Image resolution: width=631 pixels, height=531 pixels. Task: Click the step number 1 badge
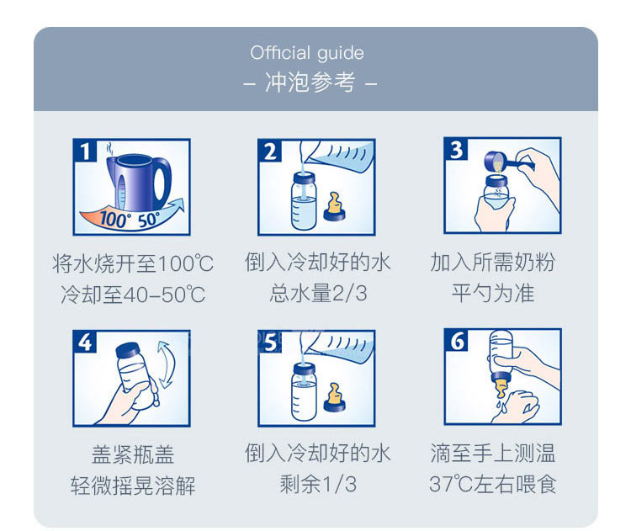click(x=85, y=151)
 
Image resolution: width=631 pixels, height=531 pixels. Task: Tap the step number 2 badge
click(x=270, y=151)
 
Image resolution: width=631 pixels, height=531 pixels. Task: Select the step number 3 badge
click(x=456, y=150)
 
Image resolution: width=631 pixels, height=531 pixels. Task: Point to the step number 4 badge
click(x=85, y=342)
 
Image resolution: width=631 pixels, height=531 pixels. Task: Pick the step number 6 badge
click(x=456, y=341)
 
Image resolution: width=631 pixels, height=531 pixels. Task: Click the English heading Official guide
click(x=307, y=53)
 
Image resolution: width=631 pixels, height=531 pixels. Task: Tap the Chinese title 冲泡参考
click(x=310, y=82)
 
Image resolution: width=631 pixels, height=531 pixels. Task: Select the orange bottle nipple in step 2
click(x=334, y=205)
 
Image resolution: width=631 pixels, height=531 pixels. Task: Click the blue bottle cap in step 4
click(x=127, y=349)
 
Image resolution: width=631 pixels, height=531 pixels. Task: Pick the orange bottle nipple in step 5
click(x=334, y=397)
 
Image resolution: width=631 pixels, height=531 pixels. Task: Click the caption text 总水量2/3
click(x=318, y=293)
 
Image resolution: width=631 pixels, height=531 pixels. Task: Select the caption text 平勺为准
click(x=493, y=293)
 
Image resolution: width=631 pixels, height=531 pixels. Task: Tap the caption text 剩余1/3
click(x=318, y=484)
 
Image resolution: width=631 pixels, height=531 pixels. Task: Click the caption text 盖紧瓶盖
click(x=132, y=454)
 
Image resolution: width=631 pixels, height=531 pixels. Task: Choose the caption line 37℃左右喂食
click(x=492, y=484)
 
